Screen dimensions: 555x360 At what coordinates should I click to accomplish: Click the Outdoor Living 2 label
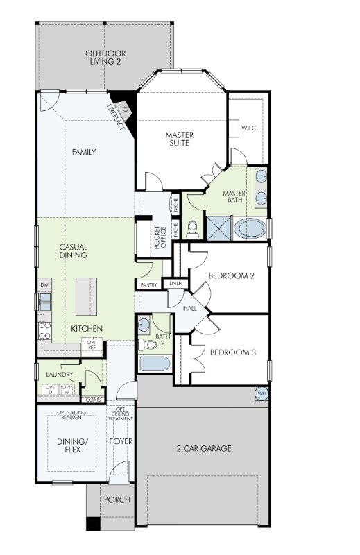click(105, 57)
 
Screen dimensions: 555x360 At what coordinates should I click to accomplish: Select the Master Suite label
click(178, 139)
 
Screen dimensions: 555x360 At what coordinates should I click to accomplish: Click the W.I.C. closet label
click(250, 128)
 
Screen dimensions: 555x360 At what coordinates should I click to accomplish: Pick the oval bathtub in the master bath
click(249, 228)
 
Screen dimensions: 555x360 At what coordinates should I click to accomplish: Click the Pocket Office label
click(161, 238)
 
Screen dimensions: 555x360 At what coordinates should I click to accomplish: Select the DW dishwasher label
click(44, 285)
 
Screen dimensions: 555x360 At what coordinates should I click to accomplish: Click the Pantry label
click(148, 284)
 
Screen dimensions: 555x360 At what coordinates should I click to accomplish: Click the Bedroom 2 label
click(232, 275)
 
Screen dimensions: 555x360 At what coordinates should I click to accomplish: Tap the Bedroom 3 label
click(233, 352)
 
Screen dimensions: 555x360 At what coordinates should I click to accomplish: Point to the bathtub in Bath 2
click(154, 364)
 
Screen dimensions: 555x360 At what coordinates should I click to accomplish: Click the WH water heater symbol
click(262, 393)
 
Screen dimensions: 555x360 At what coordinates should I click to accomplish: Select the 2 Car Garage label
click(203, 448)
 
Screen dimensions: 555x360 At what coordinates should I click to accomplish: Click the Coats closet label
click(92, 400)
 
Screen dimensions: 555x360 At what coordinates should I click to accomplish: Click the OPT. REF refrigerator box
click(92, 344)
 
